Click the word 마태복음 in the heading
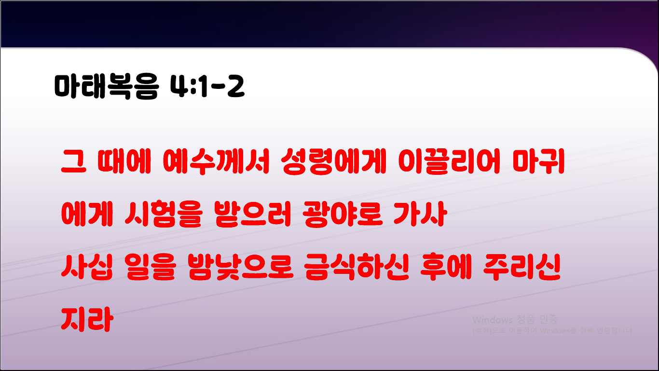(105, 87)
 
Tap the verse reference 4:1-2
(207, 87)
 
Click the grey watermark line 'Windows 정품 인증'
(515, 320)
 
